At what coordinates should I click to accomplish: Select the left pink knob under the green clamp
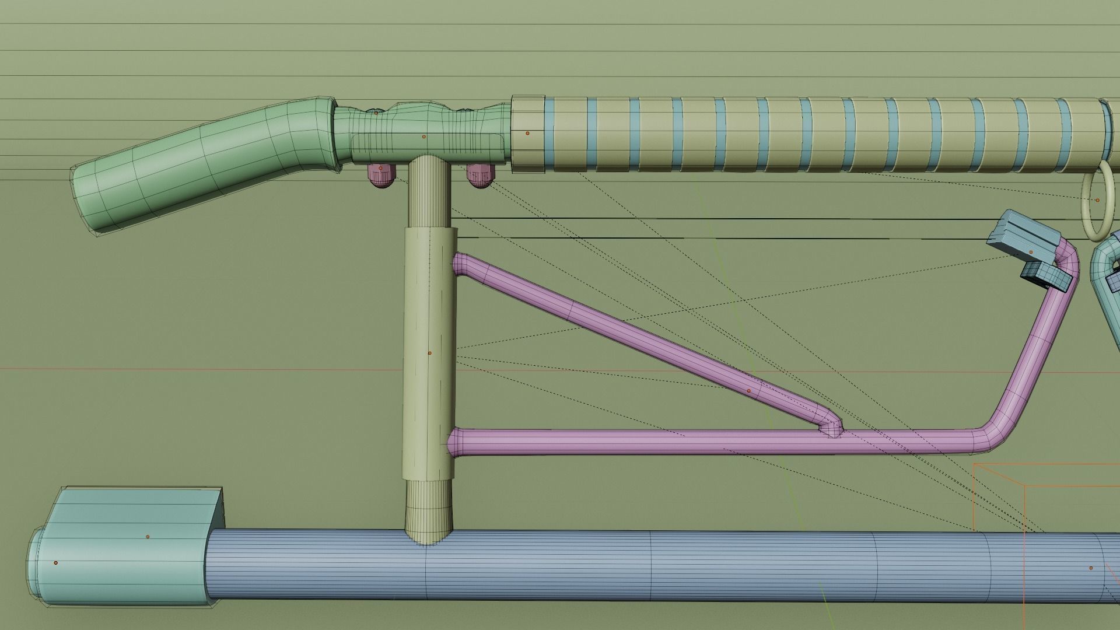pyautogui.click(x=380, y=176)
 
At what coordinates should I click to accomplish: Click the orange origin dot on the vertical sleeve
pyautogui.click(x=430, y=353)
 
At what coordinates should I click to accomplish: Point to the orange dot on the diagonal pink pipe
pyautogui.click(x=750, y=390)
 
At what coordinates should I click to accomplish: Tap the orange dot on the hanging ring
pyautogui.click(x=1097, y=200)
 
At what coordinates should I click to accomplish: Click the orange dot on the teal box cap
pyautogui.click(x=148, y=536)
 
